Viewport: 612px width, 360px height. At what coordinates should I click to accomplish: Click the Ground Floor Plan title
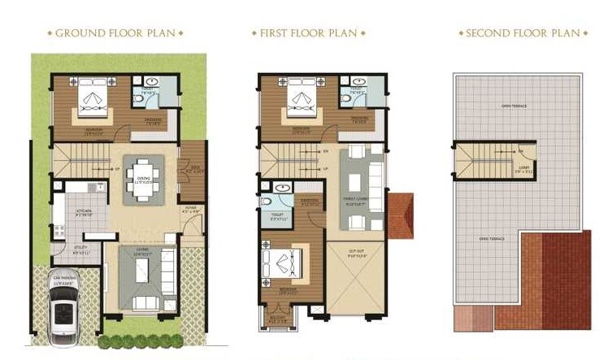115,33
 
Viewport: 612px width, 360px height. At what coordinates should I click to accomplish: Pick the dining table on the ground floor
144,179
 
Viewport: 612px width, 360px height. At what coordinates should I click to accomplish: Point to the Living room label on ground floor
141,254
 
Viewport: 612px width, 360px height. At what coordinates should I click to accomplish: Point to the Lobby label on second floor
523,169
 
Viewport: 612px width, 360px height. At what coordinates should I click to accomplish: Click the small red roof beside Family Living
400,216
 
